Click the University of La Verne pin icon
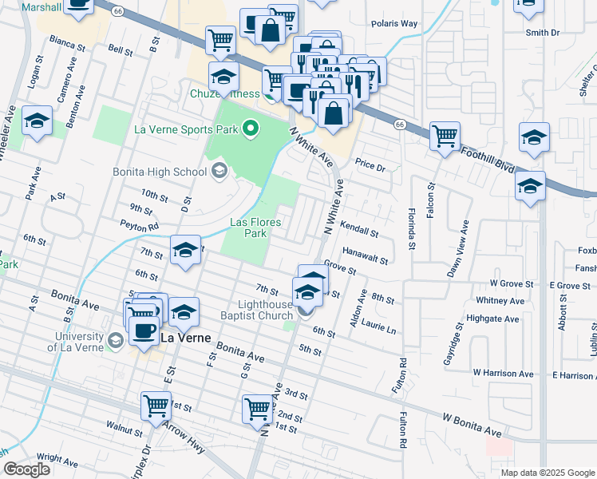(115, 341)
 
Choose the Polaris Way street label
(394, 23)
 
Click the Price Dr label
(370, 168)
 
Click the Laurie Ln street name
(378, 327)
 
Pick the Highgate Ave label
(500, 318)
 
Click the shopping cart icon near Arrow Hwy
(156, 405)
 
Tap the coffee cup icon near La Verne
(144, 331)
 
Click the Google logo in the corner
(26, 470)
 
